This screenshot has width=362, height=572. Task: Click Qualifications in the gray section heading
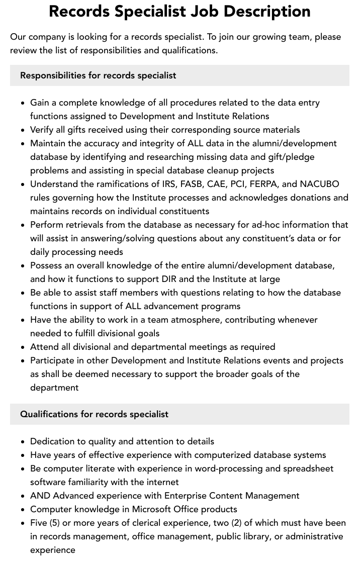click(x=49, y=414)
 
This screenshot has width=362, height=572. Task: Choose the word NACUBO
click(x=320, y=184)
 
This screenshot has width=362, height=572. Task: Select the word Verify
click(x=42, y=130)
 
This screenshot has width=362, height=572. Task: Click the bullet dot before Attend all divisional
click(x=23, y=347)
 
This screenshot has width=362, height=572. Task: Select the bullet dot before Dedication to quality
click(x=23, y=442)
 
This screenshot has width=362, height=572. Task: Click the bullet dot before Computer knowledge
click(x=23, y=510)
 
